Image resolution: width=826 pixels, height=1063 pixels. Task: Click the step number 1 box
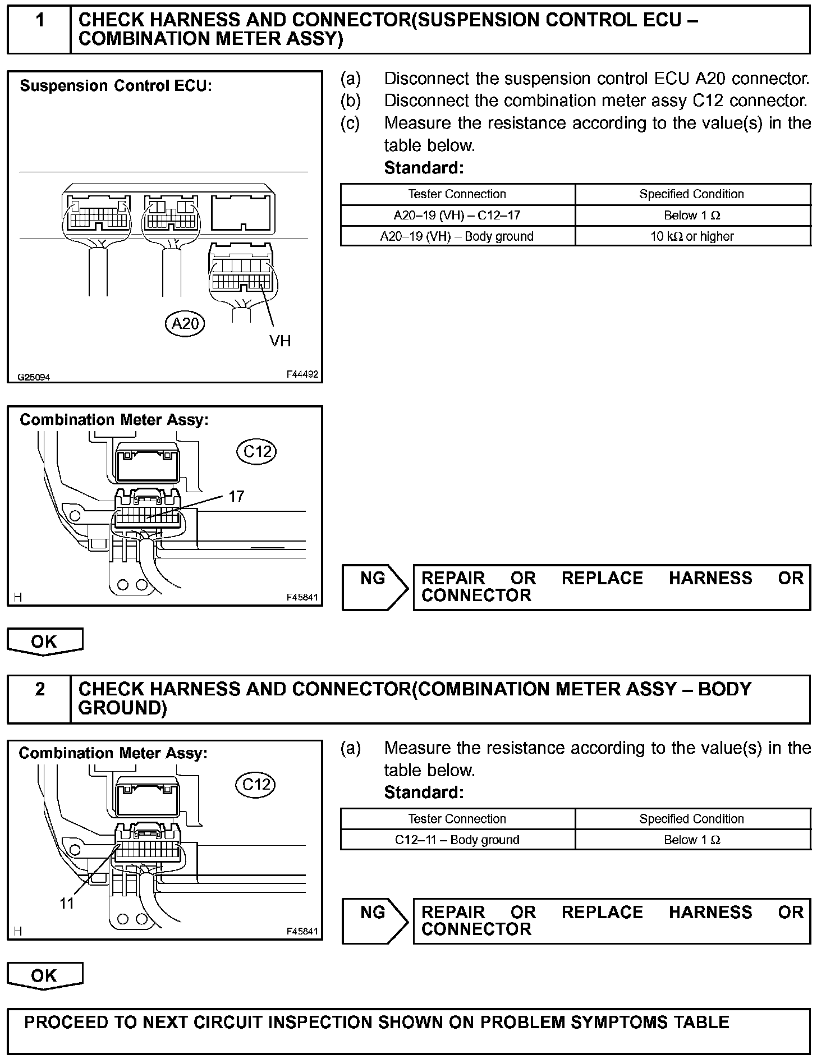click(x=39, y=29)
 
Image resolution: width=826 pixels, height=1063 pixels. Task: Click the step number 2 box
click(x=39, y=698)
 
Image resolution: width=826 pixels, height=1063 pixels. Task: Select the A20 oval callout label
click(x=185, y=324)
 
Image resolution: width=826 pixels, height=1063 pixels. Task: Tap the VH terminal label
click(x=280, y=341)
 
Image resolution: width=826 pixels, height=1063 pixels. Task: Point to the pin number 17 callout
click(x=236, y=496)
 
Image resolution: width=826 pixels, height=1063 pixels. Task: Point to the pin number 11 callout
click(x=67, y=904)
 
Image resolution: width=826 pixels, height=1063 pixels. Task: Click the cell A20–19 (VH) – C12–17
click(x=457, y=216)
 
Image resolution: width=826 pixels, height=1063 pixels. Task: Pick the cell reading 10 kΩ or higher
click(x=692, y=236)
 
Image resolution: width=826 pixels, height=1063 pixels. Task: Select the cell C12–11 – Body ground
click(x=457, y=840)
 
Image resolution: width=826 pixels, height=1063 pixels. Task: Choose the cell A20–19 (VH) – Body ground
click(x=457, y=236)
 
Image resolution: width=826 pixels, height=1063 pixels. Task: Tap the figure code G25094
click(x=34, y=377)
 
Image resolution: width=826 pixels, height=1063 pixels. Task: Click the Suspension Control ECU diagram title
click(x=116, y=86)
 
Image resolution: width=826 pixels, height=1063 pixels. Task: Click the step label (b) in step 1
click(x=351, y=100)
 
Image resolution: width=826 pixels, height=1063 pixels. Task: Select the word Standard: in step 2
click(x=424, y=792)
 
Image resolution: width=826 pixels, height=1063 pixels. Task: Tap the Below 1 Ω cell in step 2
click(x=692, y=840)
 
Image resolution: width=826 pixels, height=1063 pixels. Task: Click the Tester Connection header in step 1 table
click(x=457, y=194)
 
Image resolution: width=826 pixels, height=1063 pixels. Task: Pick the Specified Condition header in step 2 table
click(x=692, y=819)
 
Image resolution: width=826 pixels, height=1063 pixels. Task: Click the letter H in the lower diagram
click(x=18, y=931)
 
